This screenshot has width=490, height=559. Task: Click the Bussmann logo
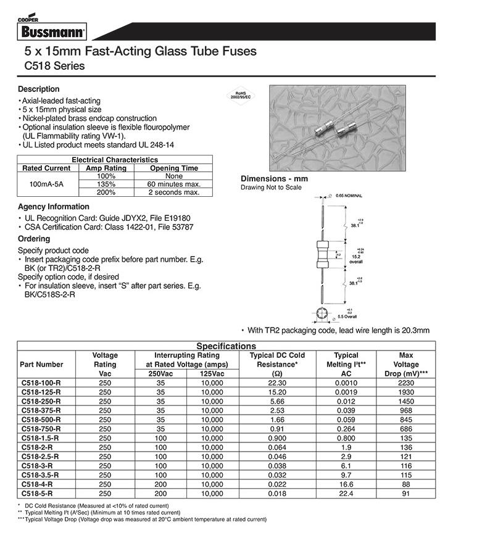51,31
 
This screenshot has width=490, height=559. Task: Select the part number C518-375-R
41,410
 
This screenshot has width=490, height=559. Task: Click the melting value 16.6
346,485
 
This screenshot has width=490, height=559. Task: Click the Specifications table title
225,346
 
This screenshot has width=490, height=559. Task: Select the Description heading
38,89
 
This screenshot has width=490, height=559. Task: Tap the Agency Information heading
53,207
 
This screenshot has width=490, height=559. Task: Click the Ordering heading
34,238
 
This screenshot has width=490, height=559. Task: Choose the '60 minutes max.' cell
174,184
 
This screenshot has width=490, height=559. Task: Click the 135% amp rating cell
106,184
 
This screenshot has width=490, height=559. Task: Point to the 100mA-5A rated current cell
46,184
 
